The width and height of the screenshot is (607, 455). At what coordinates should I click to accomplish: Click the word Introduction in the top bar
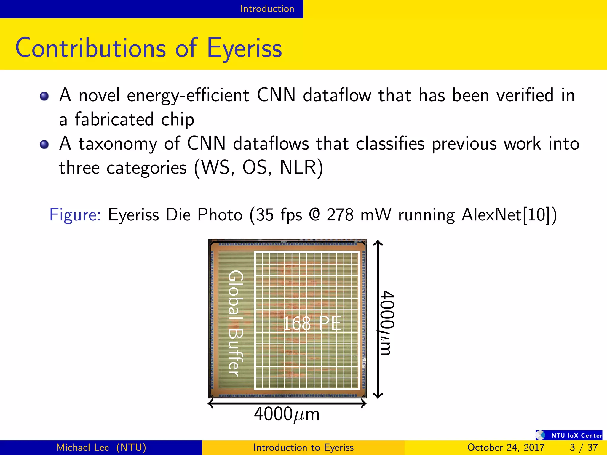267,9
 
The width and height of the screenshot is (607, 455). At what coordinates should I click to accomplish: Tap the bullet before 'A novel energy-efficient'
44,96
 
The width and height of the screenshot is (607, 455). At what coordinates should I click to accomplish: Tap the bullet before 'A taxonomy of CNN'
44,144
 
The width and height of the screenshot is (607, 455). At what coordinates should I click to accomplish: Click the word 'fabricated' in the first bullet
114,119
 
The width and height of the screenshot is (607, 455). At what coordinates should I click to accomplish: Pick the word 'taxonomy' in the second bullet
118,144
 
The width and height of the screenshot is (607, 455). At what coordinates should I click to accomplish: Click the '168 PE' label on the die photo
312,323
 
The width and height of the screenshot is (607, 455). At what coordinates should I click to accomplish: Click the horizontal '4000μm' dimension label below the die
287,414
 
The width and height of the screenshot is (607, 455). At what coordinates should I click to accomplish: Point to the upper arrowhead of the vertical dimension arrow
378,243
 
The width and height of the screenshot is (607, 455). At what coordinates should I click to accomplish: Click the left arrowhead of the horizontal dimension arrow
210,403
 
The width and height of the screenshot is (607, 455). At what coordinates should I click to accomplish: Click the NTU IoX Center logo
569,435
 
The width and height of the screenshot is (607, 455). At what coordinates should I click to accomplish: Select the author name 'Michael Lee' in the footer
83,447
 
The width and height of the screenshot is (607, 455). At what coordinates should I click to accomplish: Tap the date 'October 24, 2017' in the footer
506,447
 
